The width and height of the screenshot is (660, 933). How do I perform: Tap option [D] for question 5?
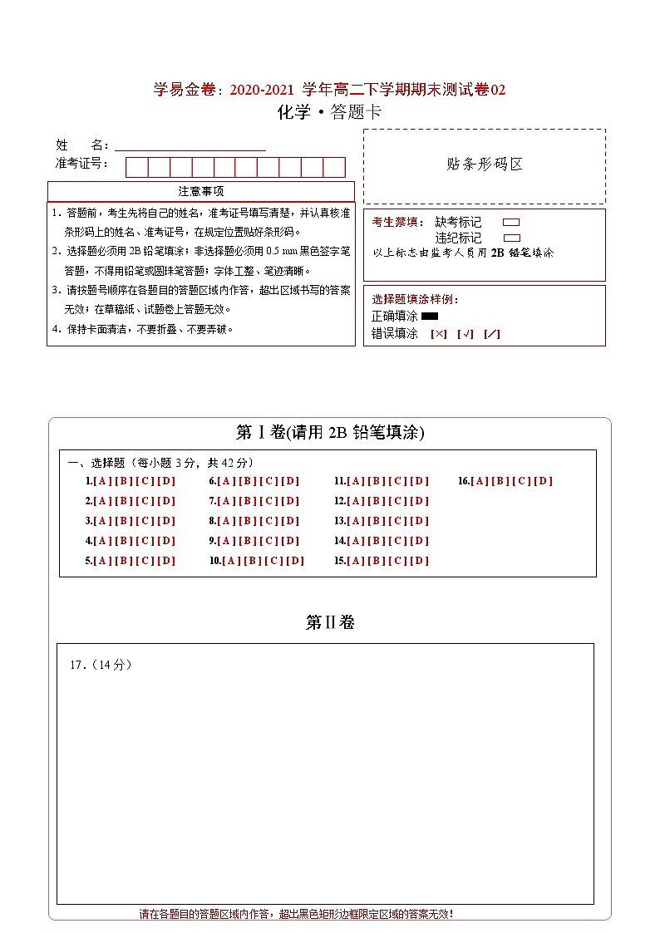(166, 561)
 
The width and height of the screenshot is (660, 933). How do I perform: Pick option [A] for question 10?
(231, 561)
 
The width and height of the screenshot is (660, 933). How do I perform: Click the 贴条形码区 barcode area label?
(485, 165)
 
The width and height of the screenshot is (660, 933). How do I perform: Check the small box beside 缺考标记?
(511, 223)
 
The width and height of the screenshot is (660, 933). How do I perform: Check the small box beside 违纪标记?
(511, 238)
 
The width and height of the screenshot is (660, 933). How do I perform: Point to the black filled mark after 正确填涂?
(430, 317)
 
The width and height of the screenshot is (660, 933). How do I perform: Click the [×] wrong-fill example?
(439, 334)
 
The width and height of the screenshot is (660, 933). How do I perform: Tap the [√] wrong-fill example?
(465, 334)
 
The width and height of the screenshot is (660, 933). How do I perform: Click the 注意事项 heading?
(201, 192)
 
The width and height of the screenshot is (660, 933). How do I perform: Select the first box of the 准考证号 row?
(136, 167)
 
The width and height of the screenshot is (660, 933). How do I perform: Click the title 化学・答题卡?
(329, 113)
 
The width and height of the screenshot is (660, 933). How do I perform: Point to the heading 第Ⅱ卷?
(330, 622)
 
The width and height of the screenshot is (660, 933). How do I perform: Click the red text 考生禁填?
(396, 223)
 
